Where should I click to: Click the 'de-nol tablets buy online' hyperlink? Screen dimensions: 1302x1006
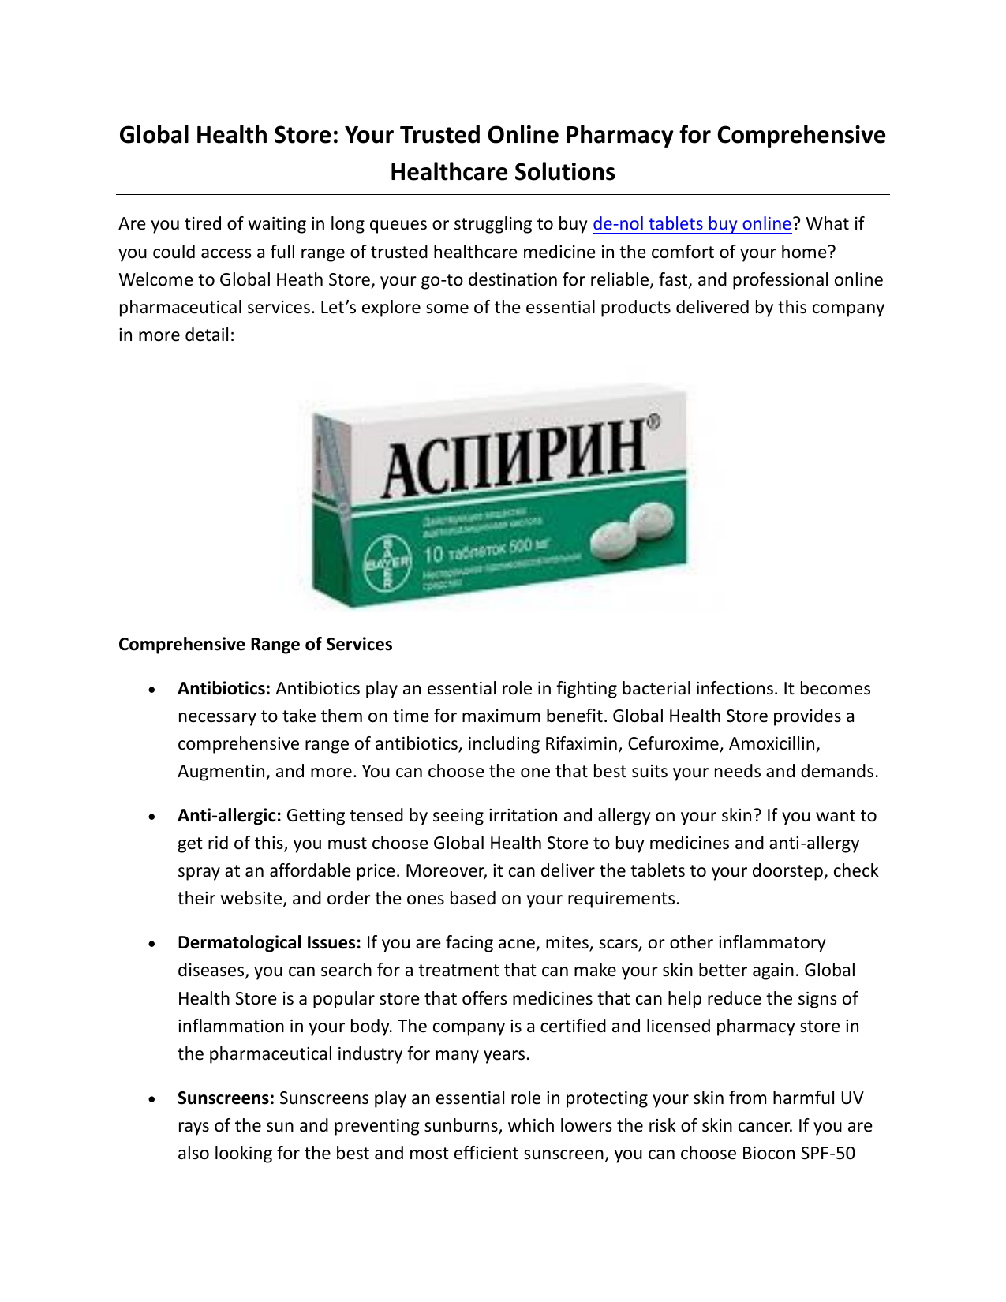pyautogui.click(x=691, y=224)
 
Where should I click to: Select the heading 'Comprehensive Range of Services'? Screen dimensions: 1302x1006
pyautogui.click(x=255, y=645)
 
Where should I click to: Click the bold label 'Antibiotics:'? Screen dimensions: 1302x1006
pyautogui.click(x=224, y=689)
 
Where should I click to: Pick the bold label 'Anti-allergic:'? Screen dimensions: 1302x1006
pyautogui.click(x=229, y=816)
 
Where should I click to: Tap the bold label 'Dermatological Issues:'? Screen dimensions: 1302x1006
pyautogui.click(x=269, y=943)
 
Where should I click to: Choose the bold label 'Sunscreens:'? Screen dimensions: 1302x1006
pyautogui.click(x=226, y=1098)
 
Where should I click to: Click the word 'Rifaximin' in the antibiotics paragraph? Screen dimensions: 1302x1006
pyautogui.click(x=582, y=744)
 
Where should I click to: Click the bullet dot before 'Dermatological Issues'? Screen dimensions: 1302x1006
pyautogui.click(x=151, y=945)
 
